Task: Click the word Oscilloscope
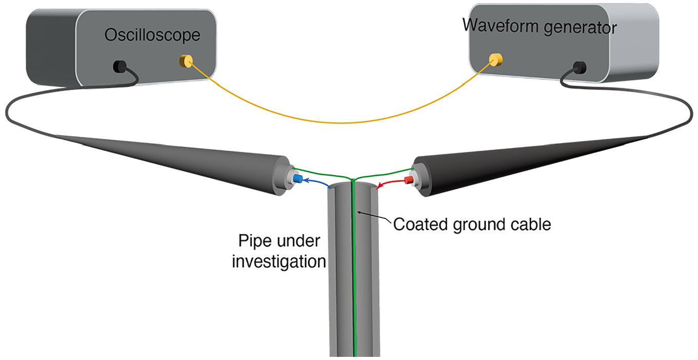152,35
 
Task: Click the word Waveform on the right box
501,25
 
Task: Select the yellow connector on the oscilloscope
186,61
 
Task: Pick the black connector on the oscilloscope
119,66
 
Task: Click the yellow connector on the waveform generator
495,59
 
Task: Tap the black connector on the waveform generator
580,67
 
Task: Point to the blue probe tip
298,178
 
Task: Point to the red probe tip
409,180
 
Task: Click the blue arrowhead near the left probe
306,180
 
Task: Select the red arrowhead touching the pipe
379,186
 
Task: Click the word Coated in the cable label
421,225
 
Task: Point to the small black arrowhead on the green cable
360,213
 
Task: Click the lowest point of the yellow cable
343,123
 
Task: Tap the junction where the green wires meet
352,179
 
